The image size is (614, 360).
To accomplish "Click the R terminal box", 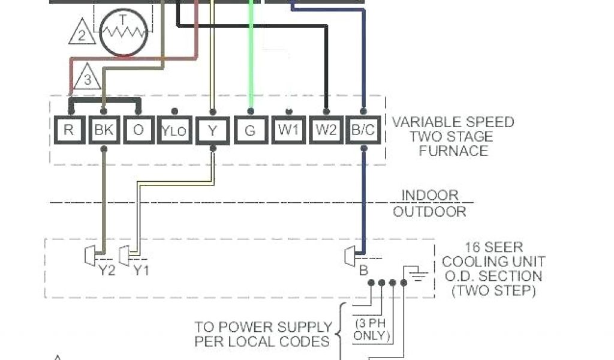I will pyautogui.click(x=70, y=130).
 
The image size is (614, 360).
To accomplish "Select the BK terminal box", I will pyautogui.click(x=104, y=130).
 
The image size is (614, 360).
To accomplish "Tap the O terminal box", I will pyautogui.click(x=139, y=130).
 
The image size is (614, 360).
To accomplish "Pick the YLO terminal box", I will pyautogui.click(x=174, y=130).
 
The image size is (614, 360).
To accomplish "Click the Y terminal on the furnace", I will pyautogui.click(x=212, y=130).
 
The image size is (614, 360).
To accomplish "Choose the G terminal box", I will pyautogui.click(x=250, y=130).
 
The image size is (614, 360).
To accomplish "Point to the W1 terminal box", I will pyautogui.click(x=288, y=130).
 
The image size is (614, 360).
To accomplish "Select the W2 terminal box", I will pyautogui.click(x=326, y=130).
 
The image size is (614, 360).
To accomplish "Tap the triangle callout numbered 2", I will pyautogui.click(x=82, y=34).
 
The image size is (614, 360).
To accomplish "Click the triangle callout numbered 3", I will pyautogui.click(x=88, y=77).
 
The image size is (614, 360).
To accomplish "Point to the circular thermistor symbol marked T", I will pyautogui.click(x=122, y=34).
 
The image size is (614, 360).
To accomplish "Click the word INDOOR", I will pyautogui.click(x=429, y=196).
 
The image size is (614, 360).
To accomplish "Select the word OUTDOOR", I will pyautogui.click(x=429, y=211).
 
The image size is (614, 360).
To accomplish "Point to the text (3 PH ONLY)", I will pyautogui.click(x=370, y=329).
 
